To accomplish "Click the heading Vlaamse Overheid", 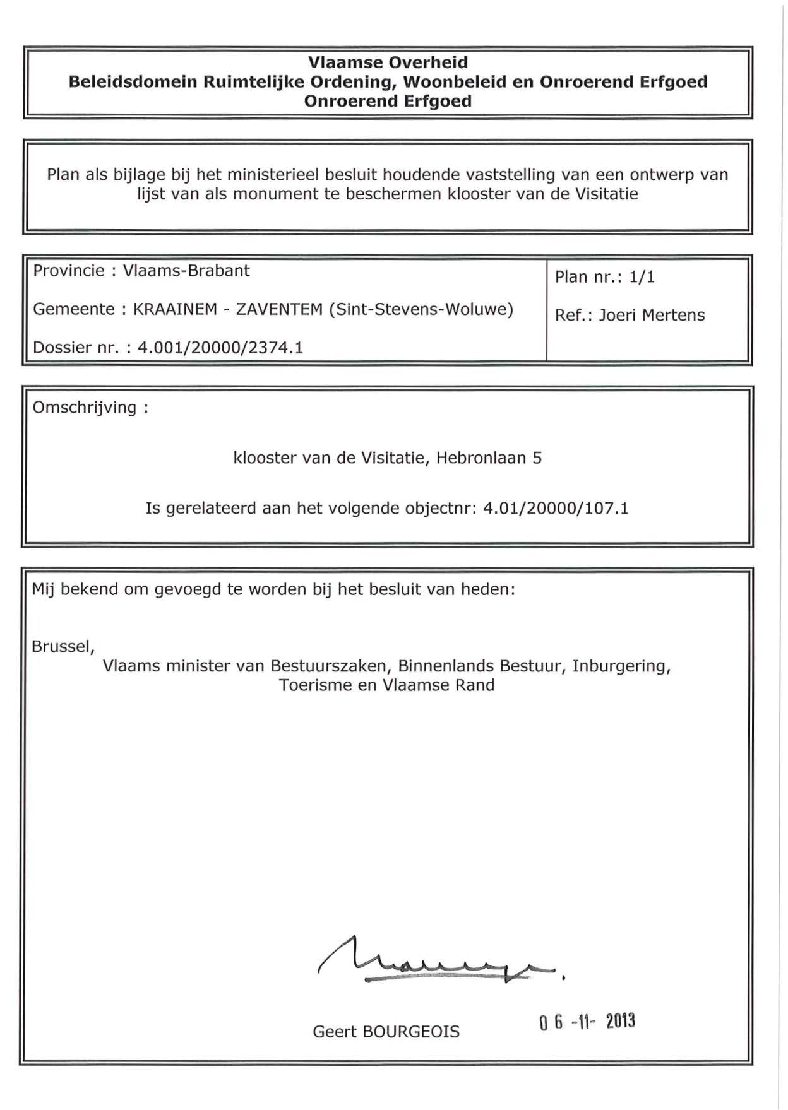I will [388, 62].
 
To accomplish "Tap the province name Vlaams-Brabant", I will [186, 271].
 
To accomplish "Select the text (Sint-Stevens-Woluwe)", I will [421, 309].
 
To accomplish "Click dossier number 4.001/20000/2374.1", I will [220, 348].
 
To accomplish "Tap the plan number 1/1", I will [642, 277].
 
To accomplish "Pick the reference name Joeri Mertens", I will [652, 315].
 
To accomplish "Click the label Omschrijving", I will [85, 408].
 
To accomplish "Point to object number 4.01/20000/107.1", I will [556, 508].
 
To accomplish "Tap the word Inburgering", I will [621, 666].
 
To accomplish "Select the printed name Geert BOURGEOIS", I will [386, 1032].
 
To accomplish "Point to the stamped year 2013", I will [620, 1022].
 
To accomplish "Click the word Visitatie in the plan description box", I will [606, 194].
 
